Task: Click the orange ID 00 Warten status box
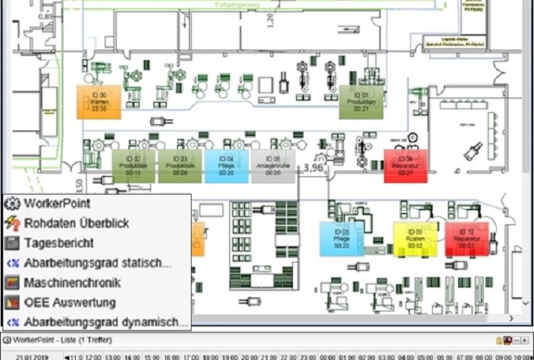[x=98, y=102]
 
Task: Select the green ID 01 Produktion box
[x=361, y=102]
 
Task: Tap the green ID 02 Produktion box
[x=133, y=166]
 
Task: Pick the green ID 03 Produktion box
[x=180, y=166]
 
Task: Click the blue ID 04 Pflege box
[x=226, y=166]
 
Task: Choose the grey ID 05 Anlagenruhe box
[x=273, y=166]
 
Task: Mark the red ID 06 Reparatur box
[x=405, y=166]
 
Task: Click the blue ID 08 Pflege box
[x=342, y=238]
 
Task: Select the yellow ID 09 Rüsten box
[x=415, y=238]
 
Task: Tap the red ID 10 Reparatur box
[x=467, y=238]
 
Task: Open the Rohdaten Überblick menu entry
[x=76, y=223]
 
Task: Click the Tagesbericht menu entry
[x=58, y=243]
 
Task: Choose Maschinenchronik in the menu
[x=72, y=283]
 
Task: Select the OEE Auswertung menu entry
[x=70, y=303]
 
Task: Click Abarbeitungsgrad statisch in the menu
[x=97, y=263]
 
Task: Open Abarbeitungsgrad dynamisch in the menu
[x=105, y=322]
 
